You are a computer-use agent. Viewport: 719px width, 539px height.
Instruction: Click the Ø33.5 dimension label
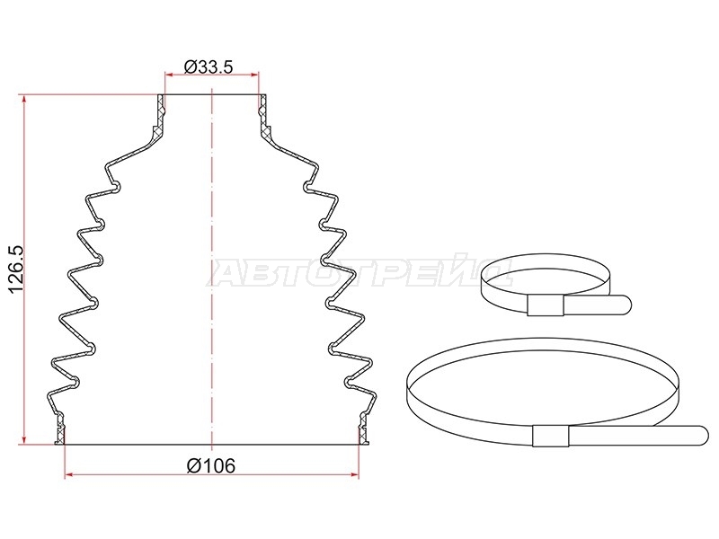coord(209,66)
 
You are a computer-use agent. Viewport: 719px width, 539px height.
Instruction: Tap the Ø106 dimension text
coord(211,466)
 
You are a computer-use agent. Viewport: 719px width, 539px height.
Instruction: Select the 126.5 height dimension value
coord(16,269)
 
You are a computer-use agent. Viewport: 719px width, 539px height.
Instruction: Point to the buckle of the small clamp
coord(546,305)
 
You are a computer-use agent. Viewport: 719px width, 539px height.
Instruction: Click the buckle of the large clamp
coord(551,436)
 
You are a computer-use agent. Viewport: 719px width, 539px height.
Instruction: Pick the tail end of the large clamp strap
coord(703,436)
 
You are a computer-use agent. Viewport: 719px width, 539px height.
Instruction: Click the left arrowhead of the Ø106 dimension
coord(69,475)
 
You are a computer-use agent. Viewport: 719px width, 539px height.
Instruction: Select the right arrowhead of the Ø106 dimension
coord(354,475)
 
